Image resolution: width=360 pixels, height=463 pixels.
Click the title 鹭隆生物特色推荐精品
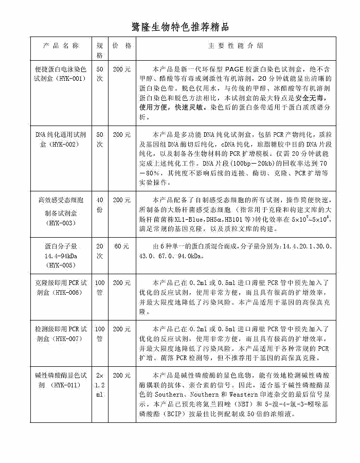point(180,26)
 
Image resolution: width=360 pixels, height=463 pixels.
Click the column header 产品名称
point(61,45)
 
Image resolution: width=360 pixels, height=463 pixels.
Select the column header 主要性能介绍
point(236,45)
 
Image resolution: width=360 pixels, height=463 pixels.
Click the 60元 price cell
point(122,246)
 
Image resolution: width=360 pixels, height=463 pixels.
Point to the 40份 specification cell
point(100,204)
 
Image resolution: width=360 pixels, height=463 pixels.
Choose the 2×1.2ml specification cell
point(100,385)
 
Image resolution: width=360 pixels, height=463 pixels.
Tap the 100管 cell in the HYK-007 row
point(100,333)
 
